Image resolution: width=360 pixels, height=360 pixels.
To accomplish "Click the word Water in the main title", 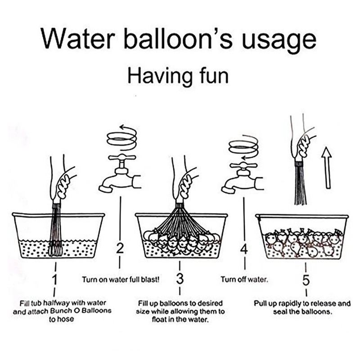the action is pos(77,39).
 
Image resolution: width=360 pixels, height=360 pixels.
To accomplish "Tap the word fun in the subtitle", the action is pos(215,76).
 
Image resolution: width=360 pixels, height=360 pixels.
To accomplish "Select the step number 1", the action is pos(54,279).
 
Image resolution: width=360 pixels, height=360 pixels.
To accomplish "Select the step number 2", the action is pos(120,248).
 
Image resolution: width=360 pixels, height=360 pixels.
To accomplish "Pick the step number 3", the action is pos(180,279).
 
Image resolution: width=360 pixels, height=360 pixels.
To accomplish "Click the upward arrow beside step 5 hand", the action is pos(327,168).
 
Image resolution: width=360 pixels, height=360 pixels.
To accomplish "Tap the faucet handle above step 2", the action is pos(122,157).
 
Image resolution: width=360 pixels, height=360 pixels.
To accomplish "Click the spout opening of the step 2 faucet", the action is pos(105,189).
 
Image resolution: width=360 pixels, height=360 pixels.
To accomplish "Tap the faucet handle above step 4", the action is pos(243,165).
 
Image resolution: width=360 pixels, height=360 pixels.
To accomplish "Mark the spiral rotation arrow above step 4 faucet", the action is pos(243,148).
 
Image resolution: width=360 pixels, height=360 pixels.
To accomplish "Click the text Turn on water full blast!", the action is pos(121,279).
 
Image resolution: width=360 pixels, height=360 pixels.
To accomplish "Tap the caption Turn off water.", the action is pos(244,279).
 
